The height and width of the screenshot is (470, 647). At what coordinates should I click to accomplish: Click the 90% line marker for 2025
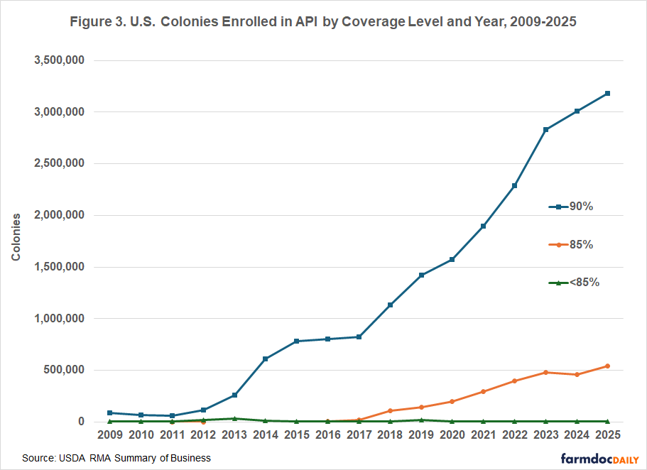tap(608, 93)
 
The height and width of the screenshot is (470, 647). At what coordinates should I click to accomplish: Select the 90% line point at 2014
tap(265, 359)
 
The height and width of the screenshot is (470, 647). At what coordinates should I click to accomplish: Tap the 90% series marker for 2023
tap(545, 129)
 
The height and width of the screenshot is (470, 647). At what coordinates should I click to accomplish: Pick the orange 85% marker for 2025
tap(608, 366)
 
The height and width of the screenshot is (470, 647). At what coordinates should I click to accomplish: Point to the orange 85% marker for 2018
tap(390, 410)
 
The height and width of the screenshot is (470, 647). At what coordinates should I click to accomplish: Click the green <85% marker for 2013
tap(234, 418)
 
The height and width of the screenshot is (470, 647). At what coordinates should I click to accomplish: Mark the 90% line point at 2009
tap(109, 412)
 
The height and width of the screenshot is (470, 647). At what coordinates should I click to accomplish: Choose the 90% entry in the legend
tap(572, 207)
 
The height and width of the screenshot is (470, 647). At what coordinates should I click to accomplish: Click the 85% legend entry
tap(572, 244)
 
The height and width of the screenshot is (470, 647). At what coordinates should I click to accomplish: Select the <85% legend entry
tap(575, 282)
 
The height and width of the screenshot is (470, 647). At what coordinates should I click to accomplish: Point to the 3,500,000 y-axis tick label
tap(60, 60)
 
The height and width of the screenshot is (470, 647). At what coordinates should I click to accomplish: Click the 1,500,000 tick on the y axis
tap(60, 267)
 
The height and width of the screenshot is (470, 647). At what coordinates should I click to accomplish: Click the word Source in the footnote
tap(39, 458)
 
